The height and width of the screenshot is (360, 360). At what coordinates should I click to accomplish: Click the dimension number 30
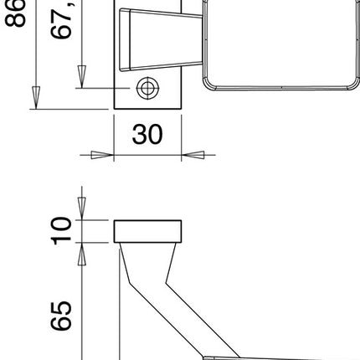point(147,135)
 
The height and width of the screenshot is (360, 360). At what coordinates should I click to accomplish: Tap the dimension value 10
point(60,231)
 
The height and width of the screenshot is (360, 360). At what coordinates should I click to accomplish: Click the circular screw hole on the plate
point(147,88)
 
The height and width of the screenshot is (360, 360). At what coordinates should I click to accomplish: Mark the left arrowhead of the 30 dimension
point(102,155)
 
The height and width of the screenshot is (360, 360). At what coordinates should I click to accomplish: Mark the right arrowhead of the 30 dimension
point(193,155)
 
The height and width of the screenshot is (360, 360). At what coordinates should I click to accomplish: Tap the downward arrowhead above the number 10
point(82,210)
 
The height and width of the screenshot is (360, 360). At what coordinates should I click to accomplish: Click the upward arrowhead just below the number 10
point(82,252)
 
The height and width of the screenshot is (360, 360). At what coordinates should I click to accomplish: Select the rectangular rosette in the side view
point(147,231)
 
